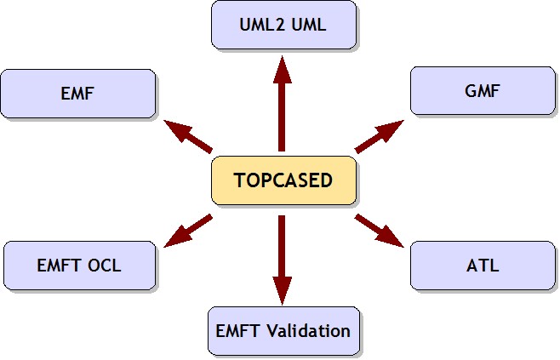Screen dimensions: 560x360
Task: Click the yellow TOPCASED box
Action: point(284,180)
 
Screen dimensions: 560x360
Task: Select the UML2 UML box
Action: point(284,25)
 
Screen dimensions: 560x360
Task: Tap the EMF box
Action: point(77,94)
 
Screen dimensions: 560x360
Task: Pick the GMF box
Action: point(483,91)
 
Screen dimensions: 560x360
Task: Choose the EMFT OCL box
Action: point(80,266)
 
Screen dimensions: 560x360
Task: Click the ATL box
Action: point(483,266)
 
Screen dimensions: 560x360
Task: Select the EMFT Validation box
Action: point(284,331)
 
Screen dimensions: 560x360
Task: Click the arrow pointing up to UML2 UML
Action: point(283,104)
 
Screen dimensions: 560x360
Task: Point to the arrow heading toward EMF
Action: point(188,136)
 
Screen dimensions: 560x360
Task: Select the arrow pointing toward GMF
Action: point(380,136)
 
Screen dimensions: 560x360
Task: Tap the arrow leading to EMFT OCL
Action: point(188,231)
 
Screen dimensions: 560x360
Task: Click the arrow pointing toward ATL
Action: point(380,231)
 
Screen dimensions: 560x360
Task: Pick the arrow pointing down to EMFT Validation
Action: point(283,260)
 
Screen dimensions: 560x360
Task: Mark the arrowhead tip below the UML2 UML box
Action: point(283,55)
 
